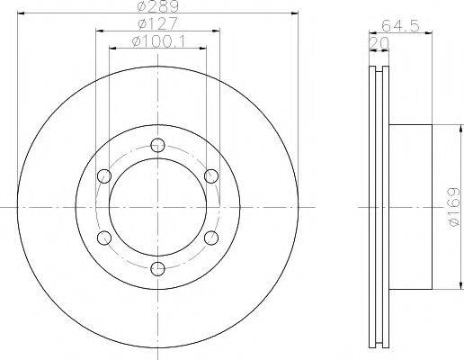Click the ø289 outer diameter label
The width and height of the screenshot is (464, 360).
(x=158, y=8)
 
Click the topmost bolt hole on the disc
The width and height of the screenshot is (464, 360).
(x=158, y=144)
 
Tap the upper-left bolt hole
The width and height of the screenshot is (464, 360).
(x=105, y=175)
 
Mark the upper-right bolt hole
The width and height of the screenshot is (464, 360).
(x=211, y=175)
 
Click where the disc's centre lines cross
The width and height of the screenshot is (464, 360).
(x=158, y=206)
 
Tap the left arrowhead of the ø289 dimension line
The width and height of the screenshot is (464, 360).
(x=22, y=13)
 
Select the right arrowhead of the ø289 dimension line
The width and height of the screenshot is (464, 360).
(x=295, y=13)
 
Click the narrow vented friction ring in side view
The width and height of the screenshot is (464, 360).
(x=379, y=206)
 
